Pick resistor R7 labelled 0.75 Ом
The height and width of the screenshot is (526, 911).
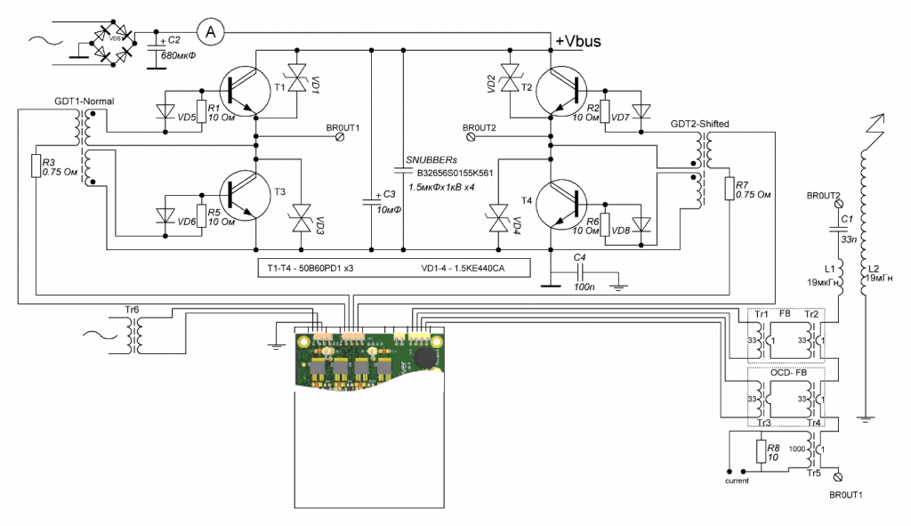(729, 188)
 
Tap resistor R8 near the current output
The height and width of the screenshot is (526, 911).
(762, 451)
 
